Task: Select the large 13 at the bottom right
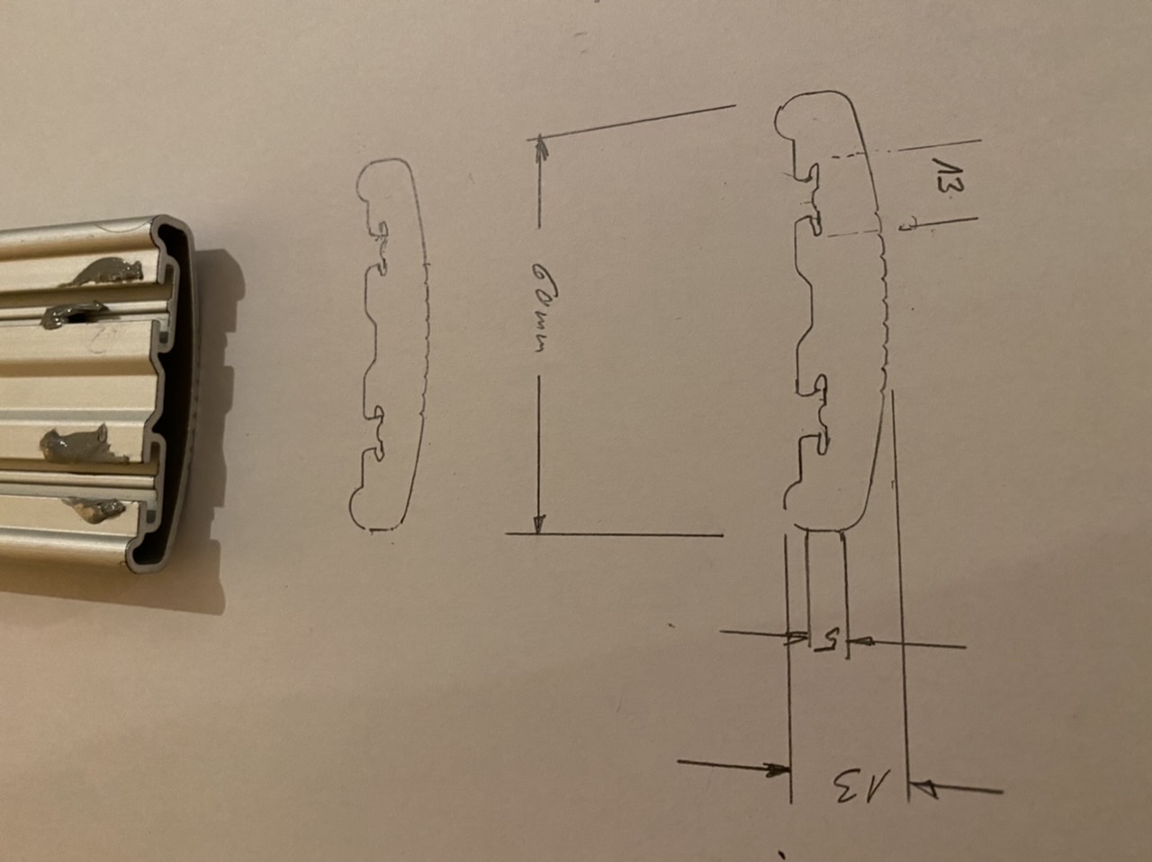860,786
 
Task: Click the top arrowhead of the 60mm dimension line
540,146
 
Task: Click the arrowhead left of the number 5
796,639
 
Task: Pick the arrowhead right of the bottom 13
923,789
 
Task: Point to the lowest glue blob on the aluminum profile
99,512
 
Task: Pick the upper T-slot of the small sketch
382,243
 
